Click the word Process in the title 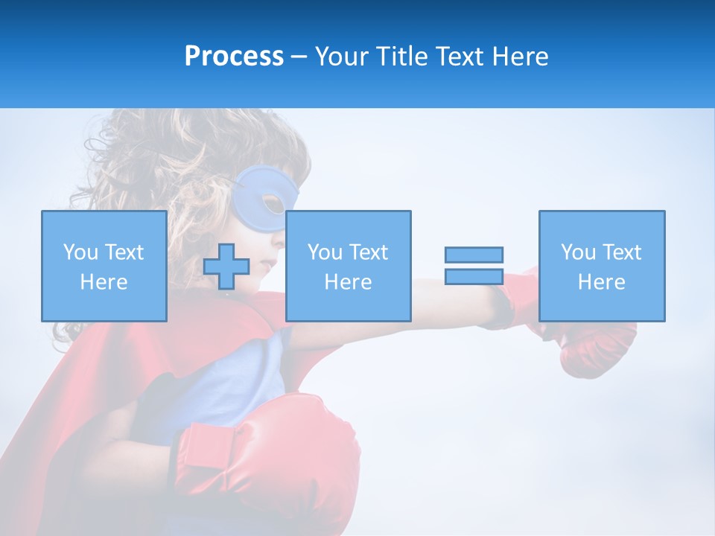(x=234, y=57)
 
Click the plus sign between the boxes (x=226, y=267)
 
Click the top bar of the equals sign (x=474, y=255)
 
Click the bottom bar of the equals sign (x=474, y=276)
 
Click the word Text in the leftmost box (x=124, y=252)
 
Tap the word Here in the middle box (x=348, y=282)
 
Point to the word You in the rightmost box (x=577, y=252)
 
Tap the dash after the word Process (x=299, y=57)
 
